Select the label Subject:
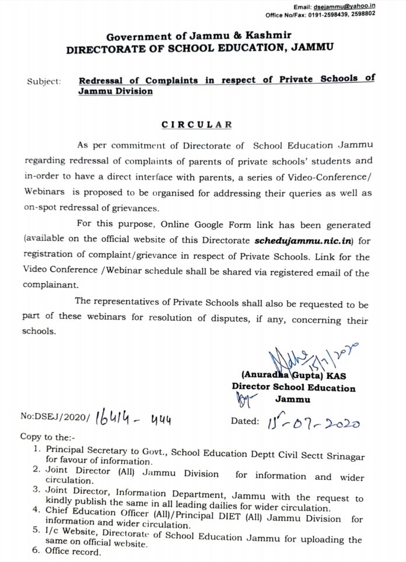tap(44, 82)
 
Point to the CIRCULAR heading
tap(197, 125)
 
